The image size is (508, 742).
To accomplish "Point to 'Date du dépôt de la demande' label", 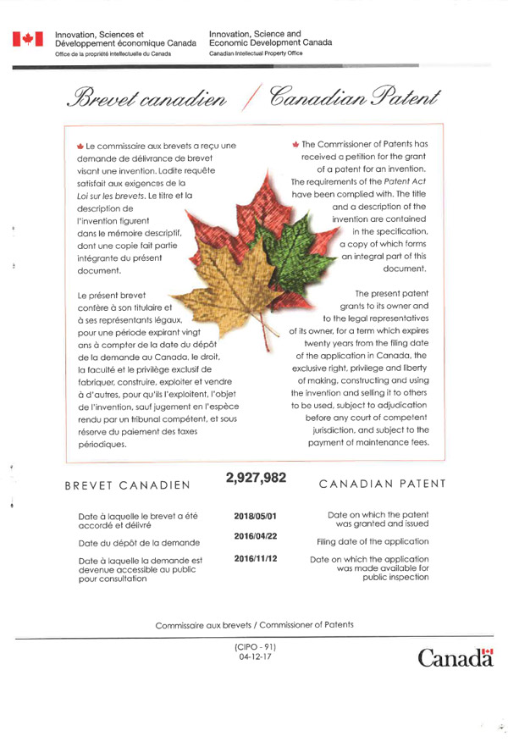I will (138, 542).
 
